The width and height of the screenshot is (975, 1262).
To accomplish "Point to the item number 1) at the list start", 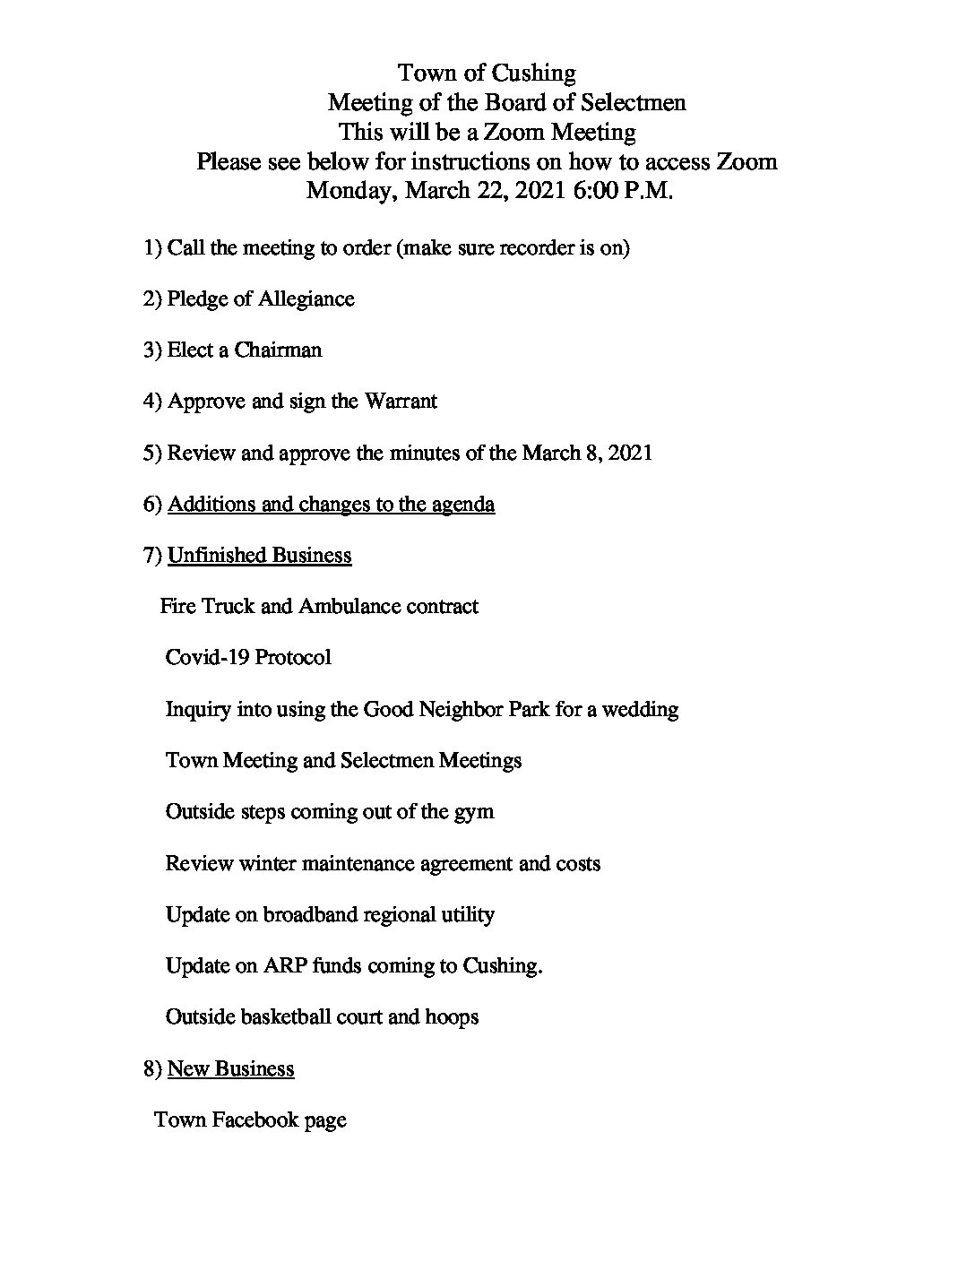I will (x=152, y=247).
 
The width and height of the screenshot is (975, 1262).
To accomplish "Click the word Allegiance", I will (x=306, y=298).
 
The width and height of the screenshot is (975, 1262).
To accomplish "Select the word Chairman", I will (x=278, y=350).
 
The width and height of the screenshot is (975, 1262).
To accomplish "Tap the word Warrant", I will (x=401, y=401).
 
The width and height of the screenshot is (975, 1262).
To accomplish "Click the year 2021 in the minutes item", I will (x=629, y=453).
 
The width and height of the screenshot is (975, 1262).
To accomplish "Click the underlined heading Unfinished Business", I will (x=259, y=555).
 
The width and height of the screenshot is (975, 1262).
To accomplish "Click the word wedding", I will (x=640, y=709).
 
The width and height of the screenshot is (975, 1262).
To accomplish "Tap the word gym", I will (x=474, y=812).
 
